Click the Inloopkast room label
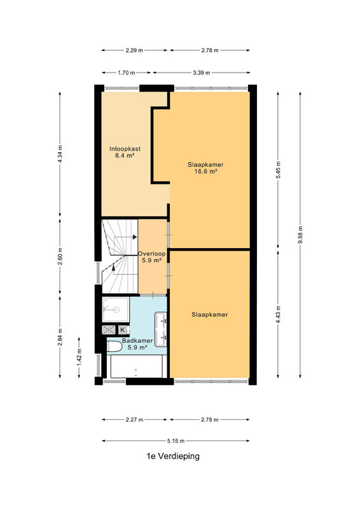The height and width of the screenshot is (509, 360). (x=125, y=149)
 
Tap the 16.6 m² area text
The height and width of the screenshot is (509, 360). (x=205, y=171)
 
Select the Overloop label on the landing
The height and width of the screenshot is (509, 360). (x=151, y=253)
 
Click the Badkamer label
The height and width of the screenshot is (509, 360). (x=137, y=340)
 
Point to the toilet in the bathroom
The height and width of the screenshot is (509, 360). (x=114, y=346)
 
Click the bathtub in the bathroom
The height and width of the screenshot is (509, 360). (x=136, y=366)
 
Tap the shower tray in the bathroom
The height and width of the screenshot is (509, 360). (x=116, y=310)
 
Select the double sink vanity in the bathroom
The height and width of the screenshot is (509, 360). (x=161, y=329)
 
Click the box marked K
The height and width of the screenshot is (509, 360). (x=123, y=330)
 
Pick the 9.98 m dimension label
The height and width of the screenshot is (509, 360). (x=300, y=235)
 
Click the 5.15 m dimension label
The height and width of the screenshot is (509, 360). (x=176, y=441)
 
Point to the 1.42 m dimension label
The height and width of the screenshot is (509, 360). (x=79, y=358)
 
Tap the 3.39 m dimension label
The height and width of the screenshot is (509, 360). (x=201, y=73)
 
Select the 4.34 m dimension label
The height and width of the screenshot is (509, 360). (x=60, y=155)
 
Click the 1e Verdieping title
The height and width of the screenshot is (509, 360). (x=173, y=456)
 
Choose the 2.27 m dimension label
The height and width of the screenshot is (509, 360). (x=134, y=419)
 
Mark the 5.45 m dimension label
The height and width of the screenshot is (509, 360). (x=278, y=170)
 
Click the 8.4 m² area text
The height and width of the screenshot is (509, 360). (x=125, y=155)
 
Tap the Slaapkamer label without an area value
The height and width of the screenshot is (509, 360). (x=209, y=314)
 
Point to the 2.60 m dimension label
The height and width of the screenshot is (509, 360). (x=60, y=256)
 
